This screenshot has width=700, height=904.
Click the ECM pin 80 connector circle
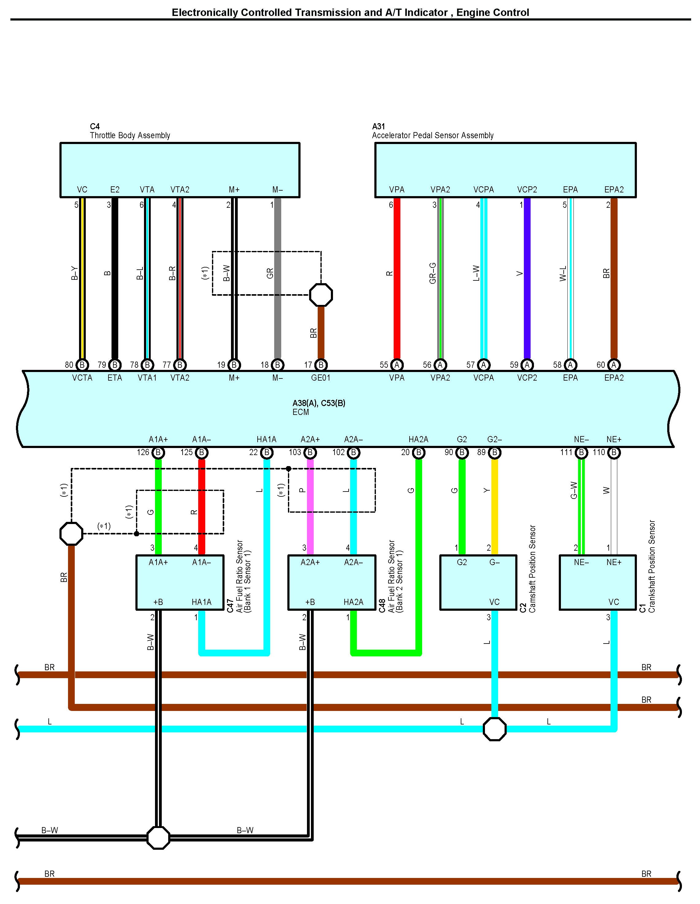(82, 365)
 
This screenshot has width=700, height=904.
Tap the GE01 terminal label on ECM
(321, 378)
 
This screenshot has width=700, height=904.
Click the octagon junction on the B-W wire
(158, 838)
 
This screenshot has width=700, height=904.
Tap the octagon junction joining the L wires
(494, 729)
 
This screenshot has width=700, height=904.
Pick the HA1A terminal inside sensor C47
(202, 602)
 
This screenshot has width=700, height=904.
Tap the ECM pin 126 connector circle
(158, 452)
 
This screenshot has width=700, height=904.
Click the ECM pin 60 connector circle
(614, 365)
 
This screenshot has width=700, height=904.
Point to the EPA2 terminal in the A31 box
(614, 190)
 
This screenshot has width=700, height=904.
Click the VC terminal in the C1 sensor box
(614, 602)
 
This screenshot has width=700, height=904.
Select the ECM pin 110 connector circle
(614, 452)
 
